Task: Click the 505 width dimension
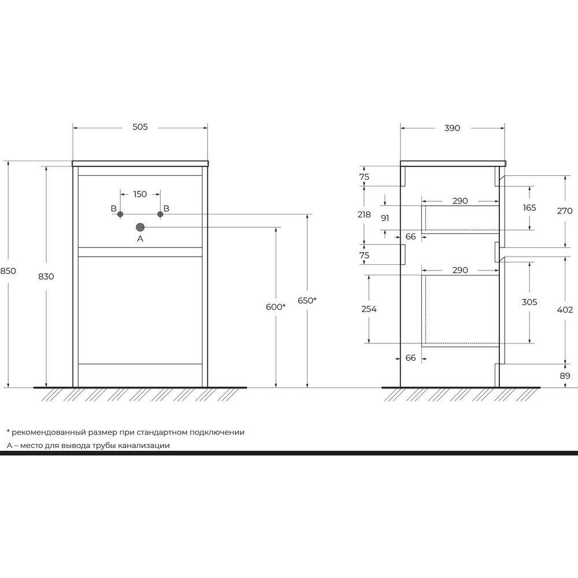(x=140, y=127)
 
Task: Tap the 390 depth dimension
(x=452, y=128)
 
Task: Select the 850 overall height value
(x=8, y=271)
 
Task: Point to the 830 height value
(x=46, y=276)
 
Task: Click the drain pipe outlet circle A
(x=140, y=227)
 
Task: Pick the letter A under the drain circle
(x=140, y=239)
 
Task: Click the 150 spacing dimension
(x=140, y=194)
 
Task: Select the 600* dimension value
(x=276, y=307)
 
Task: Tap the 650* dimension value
(x=307, y=301)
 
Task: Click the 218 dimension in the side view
(x=364, y=214)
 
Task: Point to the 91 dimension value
(x=385, y=218)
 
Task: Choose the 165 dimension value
(x=529, y=208)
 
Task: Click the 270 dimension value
(x=565, y=211)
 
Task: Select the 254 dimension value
(x=369, y=309)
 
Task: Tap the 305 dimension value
(x=529, y=302)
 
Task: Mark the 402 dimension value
(x=565, y=310)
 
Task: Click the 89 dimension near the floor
(x=565, y=376)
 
